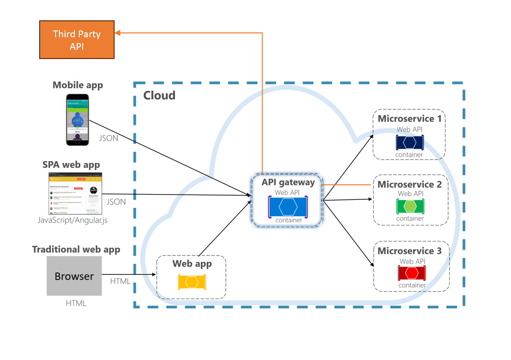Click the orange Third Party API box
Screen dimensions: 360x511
76,40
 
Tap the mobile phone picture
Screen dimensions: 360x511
77,120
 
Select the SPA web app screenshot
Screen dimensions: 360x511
75,193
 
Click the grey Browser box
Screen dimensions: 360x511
74,276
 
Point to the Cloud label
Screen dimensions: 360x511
159,95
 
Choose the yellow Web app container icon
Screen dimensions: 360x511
192,282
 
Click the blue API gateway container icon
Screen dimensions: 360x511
288,207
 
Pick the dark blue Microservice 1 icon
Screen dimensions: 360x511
409,142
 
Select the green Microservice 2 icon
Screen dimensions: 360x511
410,206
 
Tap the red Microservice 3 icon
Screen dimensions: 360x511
411,273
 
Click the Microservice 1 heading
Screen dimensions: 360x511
409,119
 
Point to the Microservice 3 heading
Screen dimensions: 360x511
409,251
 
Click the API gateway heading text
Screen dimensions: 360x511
288,182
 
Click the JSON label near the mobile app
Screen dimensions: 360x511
108,138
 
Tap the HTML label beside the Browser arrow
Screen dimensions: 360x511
120,281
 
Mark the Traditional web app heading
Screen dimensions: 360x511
76,250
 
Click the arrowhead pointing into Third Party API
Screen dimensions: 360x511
118,33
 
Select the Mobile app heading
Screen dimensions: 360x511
78,85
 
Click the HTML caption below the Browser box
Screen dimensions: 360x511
76,303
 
